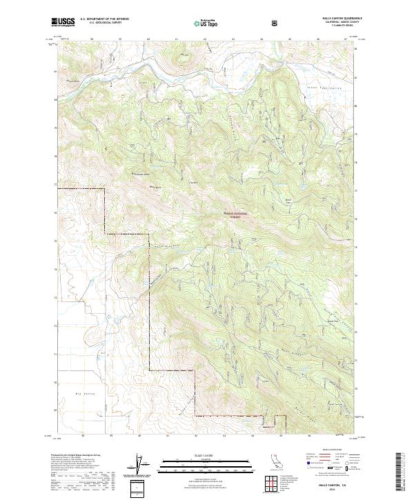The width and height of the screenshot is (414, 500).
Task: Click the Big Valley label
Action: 83,392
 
